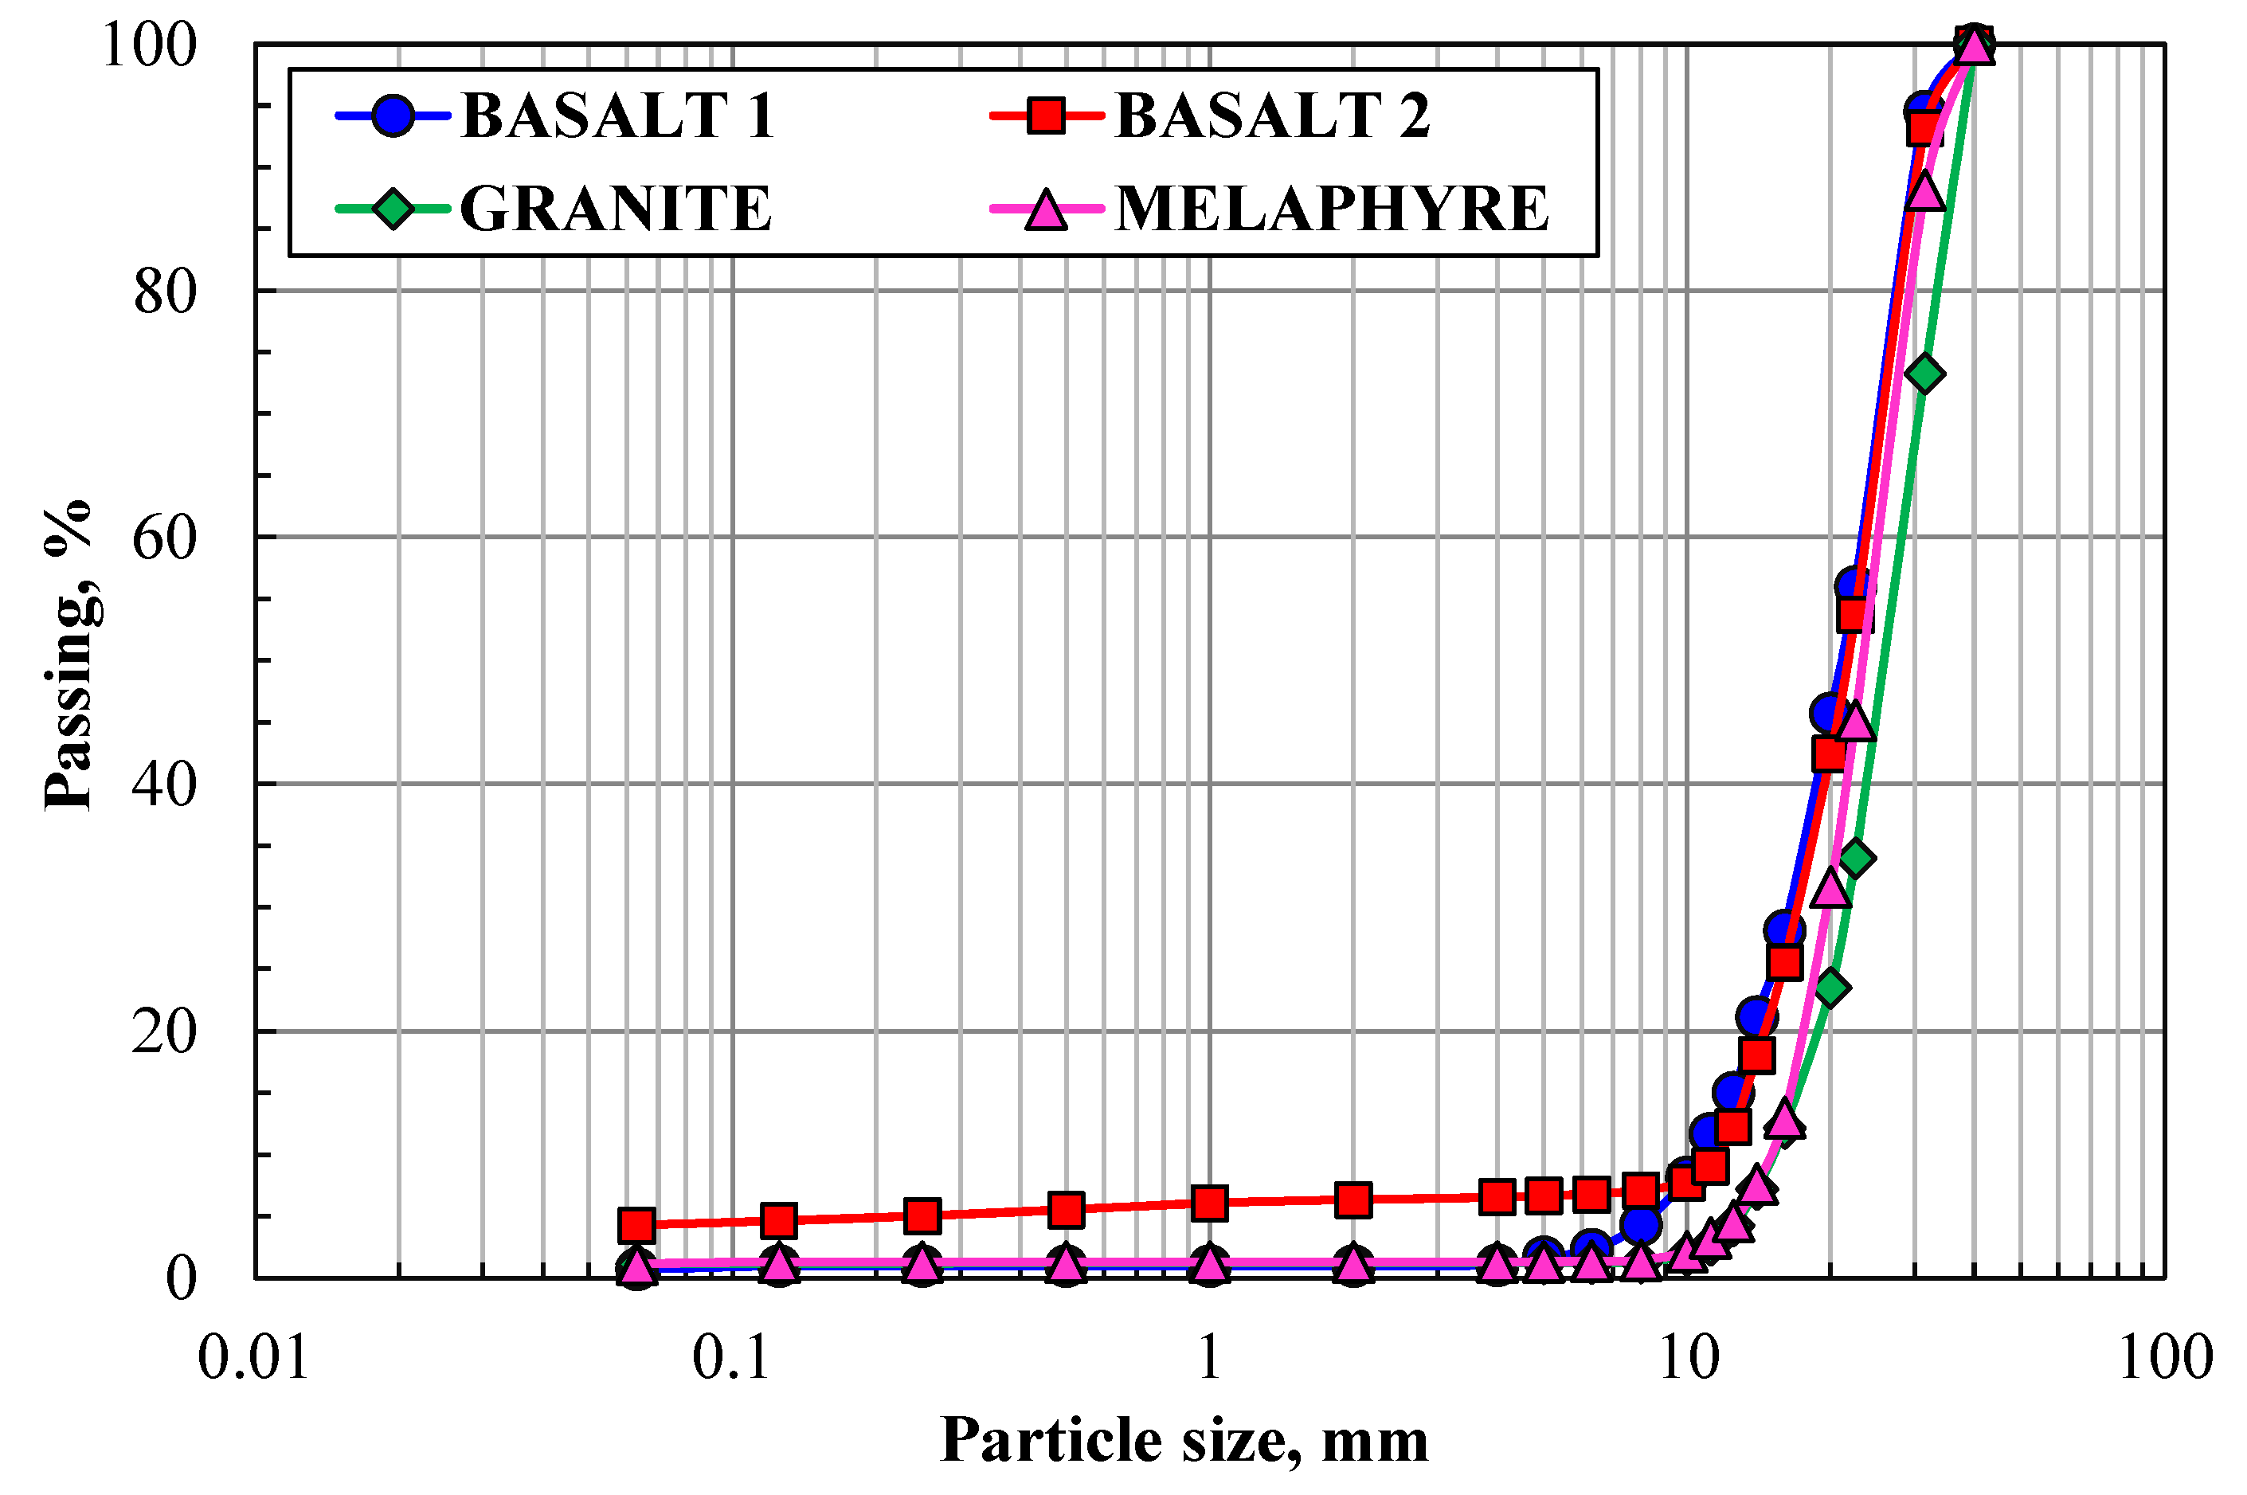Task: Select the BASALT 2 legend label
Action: point(1272,116)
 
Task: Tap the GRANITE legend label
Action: point(616,209)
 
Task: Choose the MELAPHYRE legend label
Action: point(1332,209)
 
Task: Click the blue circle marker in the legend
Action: point(392,116)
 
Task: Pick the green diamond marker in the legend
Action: point(392,209)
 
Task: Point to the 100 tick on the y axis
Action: point(149,45)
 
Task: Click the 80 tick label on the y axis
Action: point(164,292)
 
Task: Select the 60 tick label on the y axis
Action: point(164,538)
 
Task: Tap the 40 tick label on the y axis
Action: point(164,785)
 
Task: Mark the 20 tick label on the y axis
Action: point(164,1031)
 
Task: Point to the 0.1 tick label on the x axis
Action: point(731,1358)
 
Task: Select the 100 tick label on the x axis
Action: point(2164,1358)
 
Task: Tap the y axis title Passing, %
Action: point(69,656)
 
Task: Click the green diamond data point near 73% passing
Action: point(1924,374)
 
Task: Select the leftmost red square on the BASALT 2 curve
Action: point(636,1224)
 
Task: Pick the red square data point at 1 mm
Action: point(1209,1203)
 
